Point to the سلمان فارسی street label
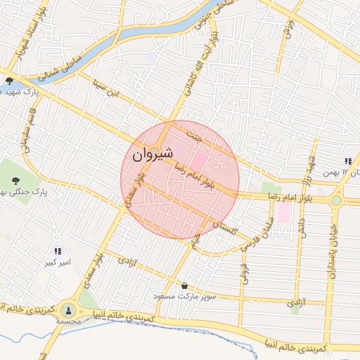point(257,236)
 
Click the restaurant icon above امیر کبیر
point(58,251)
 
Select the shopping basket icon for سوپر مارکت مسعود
point(185,285)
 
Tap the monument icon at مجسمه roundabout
point(68,309)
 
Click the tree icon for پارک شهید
point(9,81)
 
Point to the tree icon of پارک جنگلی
point(15,179)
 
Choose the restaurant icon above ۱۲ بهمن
point(348,161)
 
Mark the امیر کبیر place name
point(57,262)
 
